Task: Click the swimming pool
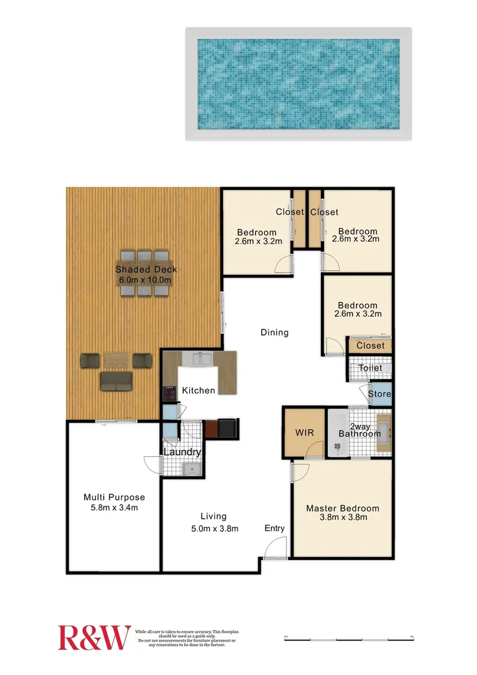pos(298,84)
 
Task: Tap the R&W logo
pos(94,637)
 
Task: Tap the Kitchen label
pos(199,391)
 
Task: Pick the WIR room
pos(304,432)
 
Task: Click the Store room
pos(379,394)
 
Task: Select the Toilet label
pos(370,368)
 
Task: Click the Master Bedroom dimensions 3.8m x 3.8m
pos(342,517)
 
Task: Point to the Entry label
pos(275,528)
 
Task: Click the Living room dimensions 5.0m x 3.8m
pos(214,528)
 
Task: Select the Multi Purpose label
pos(114,497)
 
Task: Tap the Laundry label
pos(182,452)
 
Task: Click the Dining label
pos(275,332)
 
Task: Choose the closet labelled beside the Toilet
pos(370,346)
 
